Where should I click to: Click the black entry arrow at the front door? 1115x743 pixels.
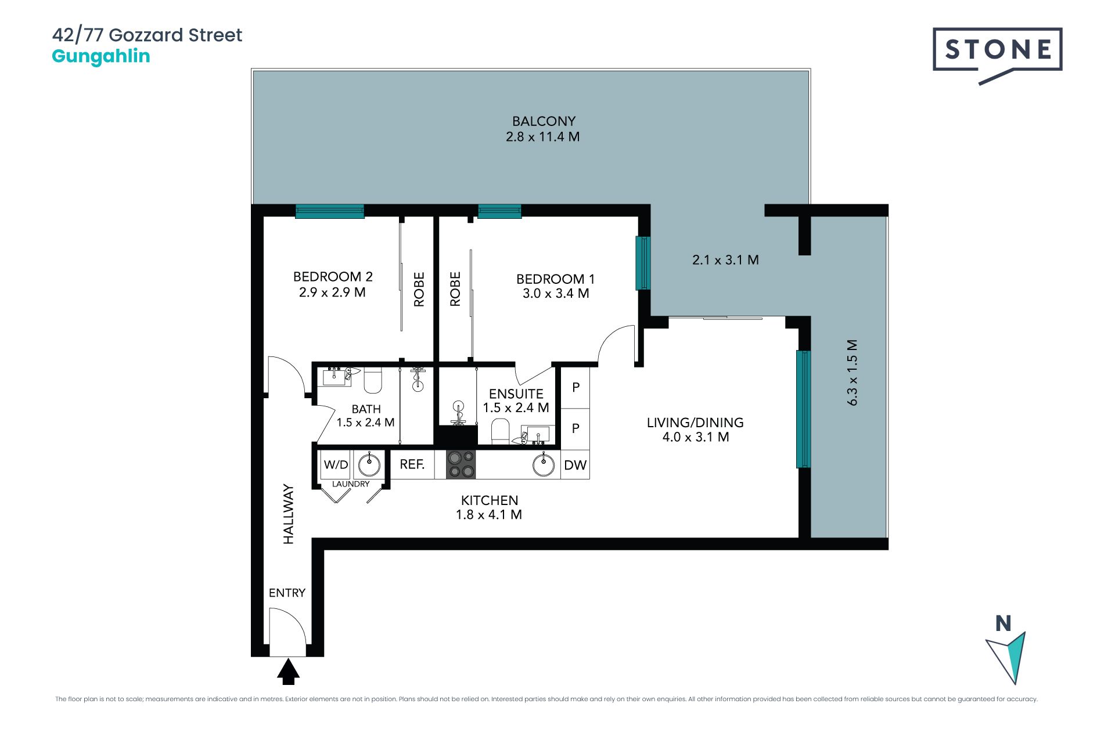288,672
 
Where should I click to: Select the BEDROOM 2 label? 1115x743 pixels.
333,277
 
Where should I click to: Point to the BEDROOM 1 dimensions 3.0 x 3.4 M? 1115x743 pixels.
556,294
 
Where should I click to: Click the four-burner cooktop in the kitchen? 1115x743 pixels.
461,465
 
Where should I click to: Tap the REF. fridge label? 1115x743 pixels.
412,464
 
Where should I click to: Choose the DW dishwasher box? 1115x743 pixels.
576,465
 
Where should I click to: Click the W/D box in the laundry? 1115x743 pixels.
336,465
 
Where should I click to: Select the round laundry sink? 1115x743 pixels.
369,464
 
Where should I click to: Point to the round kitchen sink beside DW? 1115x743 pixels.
544,465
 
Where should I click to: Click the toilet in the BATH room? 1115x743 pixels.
373,380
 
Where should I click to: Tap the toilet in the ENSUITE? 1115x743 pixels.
500,432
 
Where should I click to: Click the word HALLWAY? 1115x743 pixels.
289,514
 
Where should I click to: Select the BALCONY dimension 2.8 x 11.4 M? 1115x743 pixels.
543,137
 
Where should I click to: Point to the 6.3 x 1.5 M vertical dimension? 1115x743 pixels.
852,373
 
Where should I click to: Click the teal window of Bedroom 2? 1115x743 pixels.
330,211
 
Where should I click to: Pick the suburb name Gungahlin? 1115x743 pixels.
101,57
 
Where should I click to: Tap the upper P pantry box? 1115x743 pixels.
576,387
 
